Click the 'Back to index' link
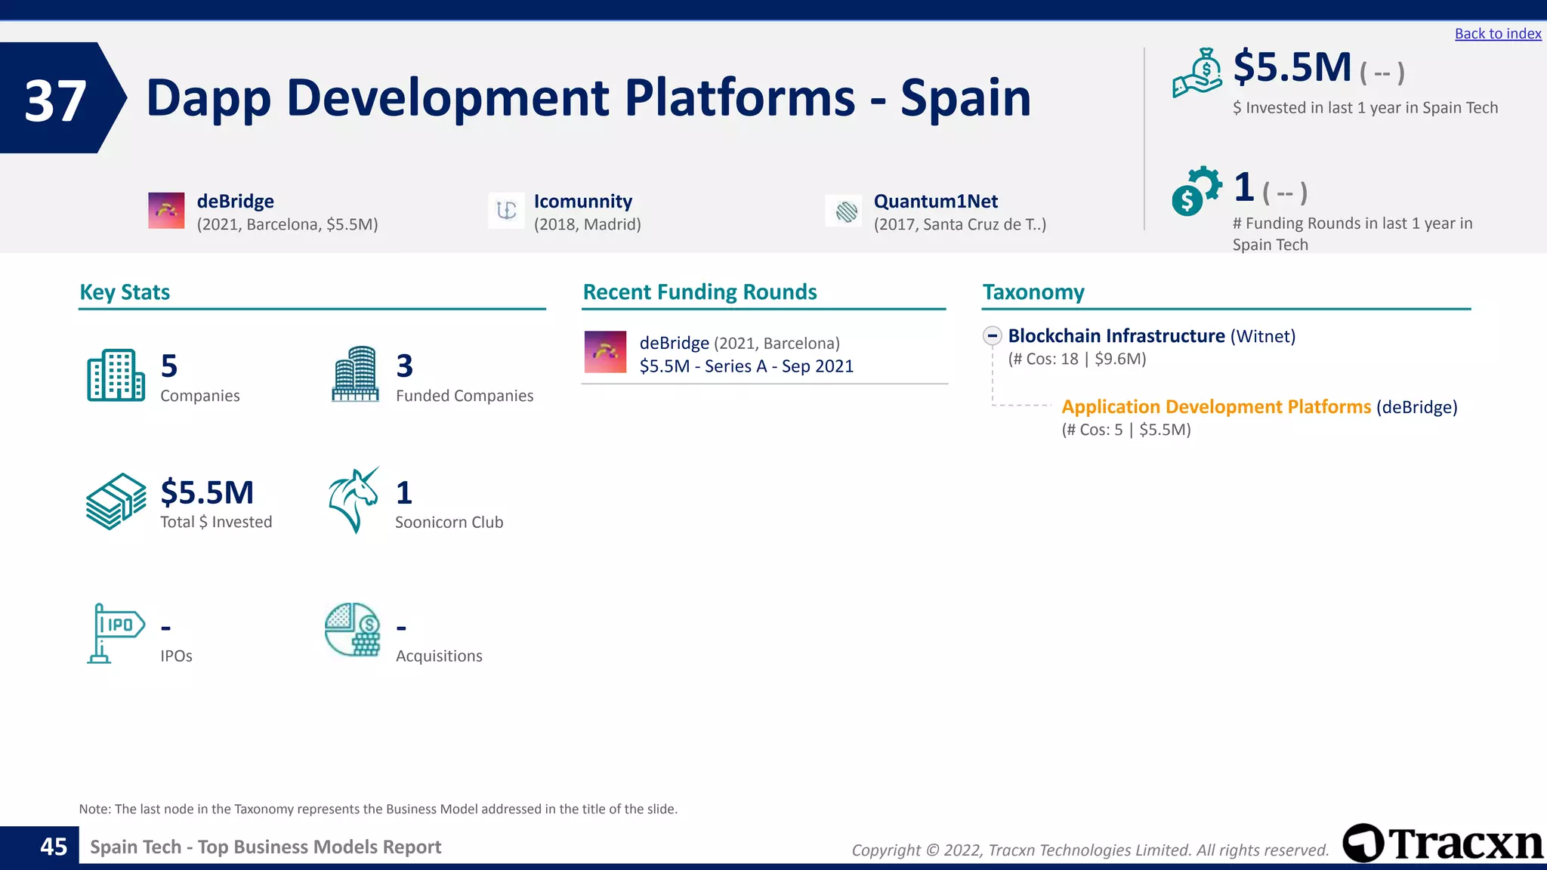coord(1497,34)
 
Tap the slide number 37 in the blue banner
coord(55,100)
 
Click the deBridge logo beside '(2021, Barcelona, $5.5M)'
coord(166,211)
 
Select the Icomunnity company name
coord(582,202)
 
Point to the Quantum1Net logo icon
coord(846,211)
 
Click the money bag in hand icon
coord(1197,72)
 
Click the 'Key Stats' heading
coord(125,292)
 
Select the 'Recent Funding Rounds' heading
coord(699,292)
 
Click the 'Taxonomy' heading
coord(1033,292)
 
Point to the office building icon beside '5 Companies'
coord(116,375)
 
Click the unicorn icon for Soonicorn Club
coord(353,500)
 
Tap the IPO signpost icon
coord(115,633)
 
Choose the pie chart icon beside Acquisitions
coord(352,630)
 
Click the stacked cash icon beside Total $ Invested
coord(116,501)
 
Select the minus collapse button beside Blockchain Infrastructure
coord(993,336)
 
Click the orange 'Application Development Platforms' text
coord(1215,407)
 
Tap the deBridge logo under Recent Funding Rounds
coord(605,352)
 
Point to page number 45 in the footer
coord(54,847)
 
